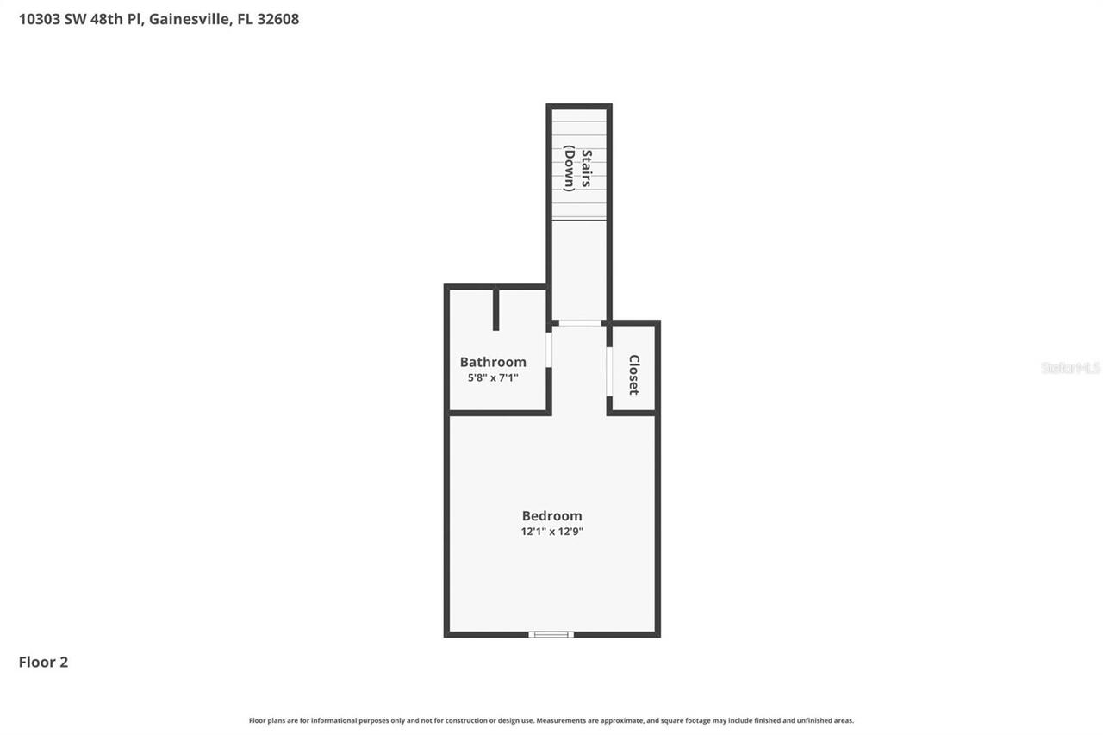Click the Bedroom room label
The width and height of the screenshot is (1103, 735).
coord(551,515)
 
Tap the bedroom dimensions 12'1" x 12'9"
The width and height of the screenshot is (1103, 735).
coord(551,532)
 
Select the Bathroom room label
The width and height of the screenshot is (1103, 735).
coord(492,362)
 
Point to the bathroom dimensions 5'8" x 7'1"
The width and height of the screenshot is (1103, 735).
coord(492,377)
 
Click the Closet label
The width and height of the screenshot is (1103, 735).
coord(634,375)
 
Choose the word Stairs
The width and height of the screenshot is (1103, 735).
coord(587,168)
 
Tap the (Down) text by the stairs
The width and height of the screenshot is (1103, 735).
coord(570,168)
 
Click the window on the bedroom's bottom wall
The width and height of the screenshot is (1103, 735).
coord(551,635)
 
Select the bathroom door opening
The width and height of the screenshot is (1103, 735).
coord(549,350)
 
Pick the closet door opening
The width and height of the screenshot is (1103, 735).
coord(609,371)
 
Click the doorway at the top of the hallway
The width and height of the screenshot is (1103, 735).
coord(580,323)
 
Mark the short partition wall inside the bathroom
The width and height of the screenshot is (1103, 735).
coord(495,309)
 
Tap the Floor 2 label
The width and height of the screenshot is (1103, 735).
coord(43,662)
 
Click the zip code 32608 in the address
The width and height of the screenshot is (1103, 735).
coord(277,19)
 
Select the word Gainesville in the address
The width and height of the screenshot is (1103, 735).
coord(190,19)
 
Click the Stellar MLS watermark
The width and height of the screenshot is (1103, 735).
coord(1070,368)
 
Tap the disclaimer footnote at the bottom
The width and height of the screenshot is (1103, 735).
coord(551,720)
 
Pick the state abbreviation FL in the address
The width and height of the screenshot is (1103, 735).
coord(245,19)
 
